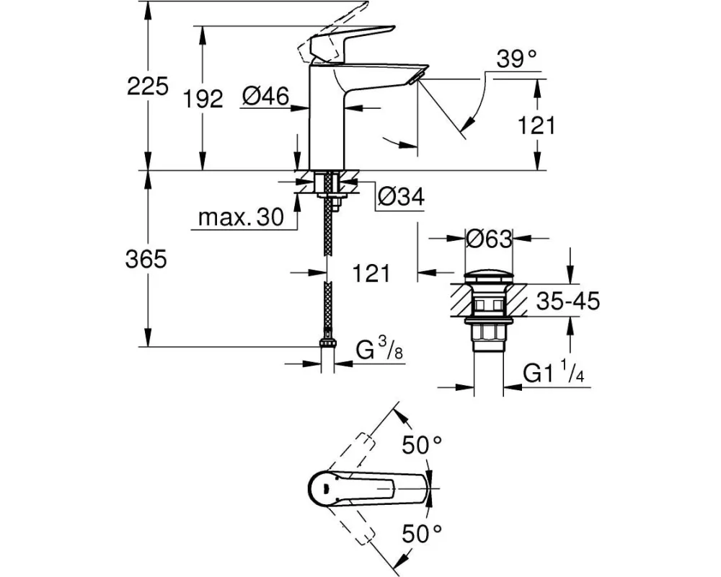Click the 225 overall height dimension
pyautogui.click(x=147, y=87)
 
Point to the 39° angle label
pyautogui.click(x=518, y=60)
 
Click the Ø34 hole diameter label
pyautogui.click(x=402, y=195)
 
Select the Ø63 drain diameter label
pyautogui.click(x=489, y=238)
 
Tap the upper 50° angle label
pyautogui.click(x=421, y=446)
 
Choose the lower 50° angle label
pyautogui.click(x=421, y=534)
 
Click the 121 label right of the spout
pyautogui.click(x=536, y=125)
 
